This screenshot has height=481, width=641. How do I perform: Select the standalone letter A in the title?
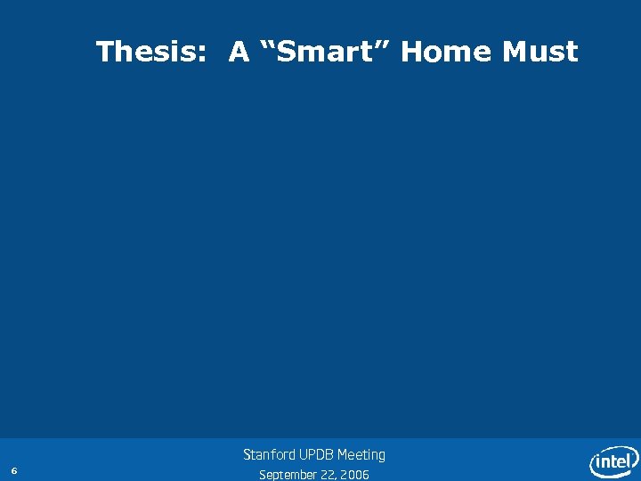[x=239, y=53]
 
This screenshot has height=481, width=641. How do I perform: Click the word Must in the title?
[x=540, y=53]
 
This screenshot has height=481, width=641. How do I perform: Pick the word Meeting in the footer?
[x=361, y=455]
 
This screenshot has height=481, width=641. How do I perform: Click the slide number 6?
[x=14, y=470]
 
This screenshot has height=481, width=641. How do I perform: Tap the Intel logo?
[x=613, y=461]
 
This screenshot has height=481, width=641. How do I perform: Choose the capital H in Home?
[x=412, y=53]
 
